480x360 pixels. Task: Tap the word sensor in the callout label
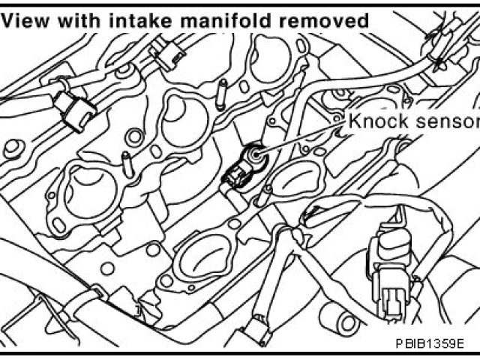[x=448, y=120]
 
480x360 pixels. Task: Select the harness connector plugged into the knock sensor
[x=235, y=175]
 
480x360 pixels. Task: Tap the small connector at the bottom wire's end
[x=258, y=330]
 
